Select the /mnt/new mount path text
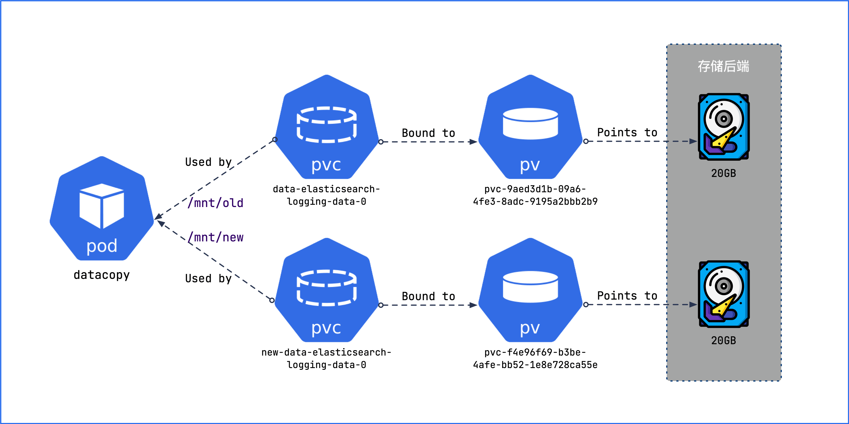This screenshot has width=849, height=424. (216, 237)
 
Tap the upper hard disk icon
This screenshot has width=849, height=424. (723, 127)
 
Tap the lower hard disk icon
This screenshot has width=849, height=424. (723, 294)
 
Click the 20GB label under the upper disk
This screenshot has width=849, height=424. (723, 173)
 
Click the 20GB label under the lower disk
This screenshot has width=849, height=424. (723, 340)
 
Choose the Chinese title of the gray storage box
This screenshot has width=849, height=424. (723, 66)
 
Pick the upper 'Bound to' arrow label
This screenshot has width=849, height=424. (428, 133)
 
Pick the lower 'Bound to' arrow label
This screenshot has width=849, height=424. (428, 296)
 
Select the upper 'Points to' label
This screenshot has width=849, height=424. (627, 132)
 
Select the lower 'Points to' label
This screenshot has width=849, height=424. (627, 296)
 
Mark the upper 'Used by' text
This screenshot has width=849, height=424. (208, 162)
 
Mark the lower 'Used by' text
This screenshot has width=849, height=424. (208, 278)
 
